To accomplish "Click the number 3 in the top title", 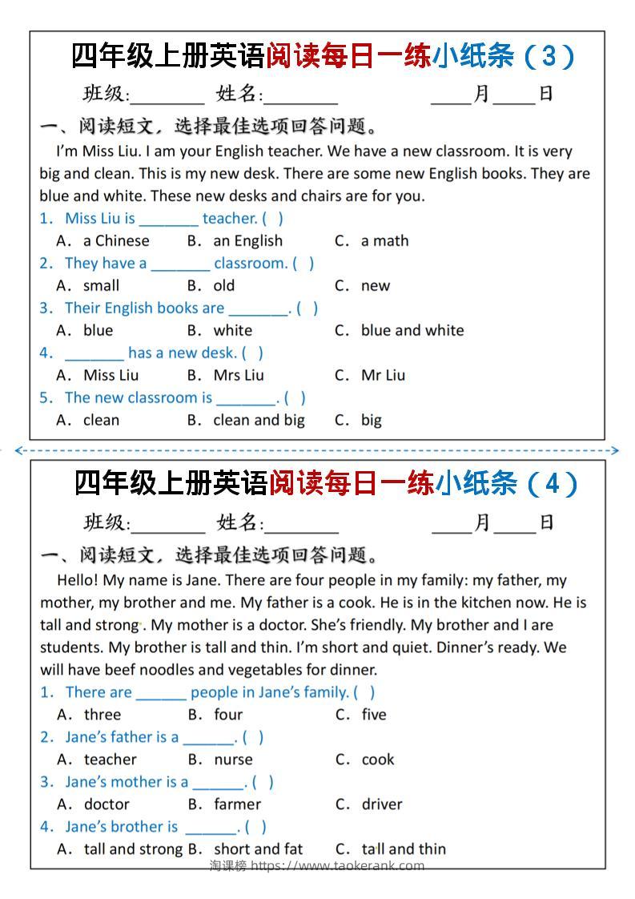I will [548, 56].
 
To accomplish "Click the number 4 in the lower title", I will [549, 483].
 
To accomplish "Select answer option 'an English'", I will [247, 240].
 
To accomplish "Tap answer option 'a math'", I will [384, 240].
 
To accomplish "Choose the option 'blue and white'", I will [412, 330].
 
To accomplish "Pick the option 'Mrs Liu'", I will [239, 375].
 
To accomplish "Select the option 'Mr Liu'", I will [383, 375].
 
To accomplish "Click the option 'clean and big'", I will [259, 420].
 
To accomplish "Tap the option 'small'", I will [101, 285].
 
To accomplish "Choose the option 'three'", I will [102, 715].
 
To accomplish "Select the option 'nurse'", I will [233, 760].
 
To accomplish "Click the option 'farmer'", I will [237, 804].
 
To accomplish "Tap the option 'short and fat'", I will [258, 849].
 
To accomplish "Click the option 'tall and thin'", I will [404, 849].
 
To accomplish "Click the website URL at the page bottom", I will [337, 865].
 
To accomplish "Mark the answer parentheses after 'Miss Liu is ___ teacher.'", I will [272, 218].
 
